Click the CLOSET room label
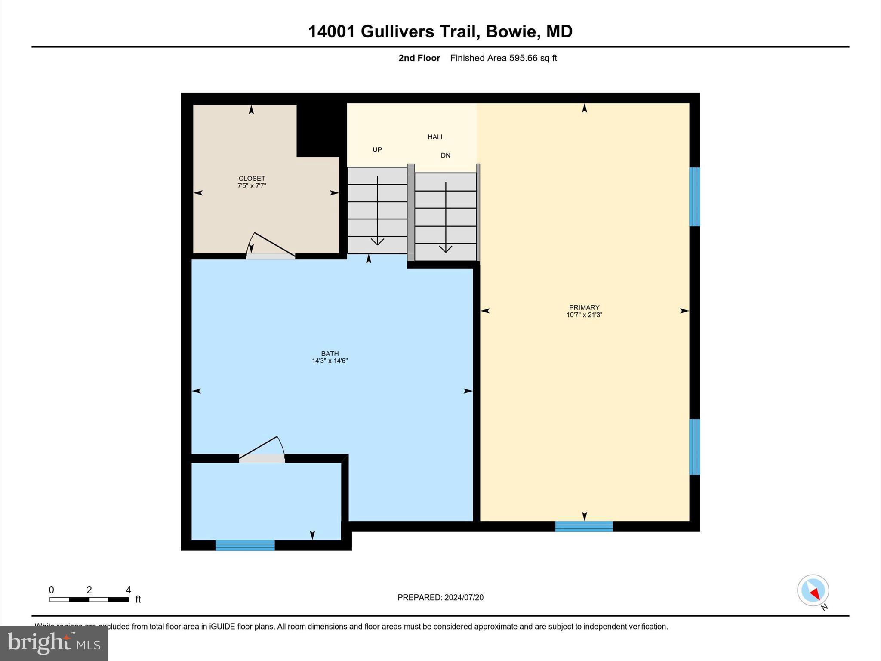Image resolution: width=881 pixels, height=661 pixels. pyautogui.click(x=252, y=178)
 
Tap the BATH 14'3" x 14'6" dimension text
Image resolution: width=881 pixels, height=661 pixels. pyautogui.click(x=330, y=361)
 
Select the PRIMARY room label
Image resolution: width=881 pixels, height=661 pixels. pyautogui.click(x=584, y=307)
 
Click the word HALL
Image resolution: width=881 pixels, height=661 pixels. pyautogui.click(x=436, y=137)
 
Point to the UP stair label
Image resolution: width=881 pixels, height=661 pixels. pyautogui.click(x=377, y=150)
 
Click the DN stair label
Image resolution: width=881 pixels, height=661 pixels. pyautogui.click(x=445, y=155)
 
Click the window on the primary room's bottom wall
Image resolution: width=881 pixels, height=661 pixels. pyautogui.click(x=583, y=526)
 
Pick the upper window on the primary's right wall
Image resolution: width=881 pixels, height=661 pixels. pyautogui.click(x=694, y=197)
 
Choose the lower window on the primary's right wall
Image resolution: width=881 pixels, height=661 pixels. pyautogui.click(x=694, y=447)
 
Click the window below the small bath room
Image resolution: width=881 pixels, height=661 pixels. pyautogui.click(x=245, y=545)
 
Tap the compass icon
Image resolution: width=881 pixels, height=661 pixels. pyautogui.click(x=813, y=590)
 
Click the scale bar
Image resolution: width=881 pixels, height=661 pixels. pyautogui.click(x=89, y=599)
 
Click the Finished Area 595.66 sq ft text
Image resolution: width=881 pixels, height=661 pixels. pyautogui.click(x=503, y=58)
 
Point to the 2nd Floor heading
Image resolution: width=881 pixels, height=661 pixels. pyautogui.click(x=419, y=58)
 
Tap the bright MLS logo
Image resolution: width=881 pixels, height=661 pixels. pyautogui.click(x=54, y=643)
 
